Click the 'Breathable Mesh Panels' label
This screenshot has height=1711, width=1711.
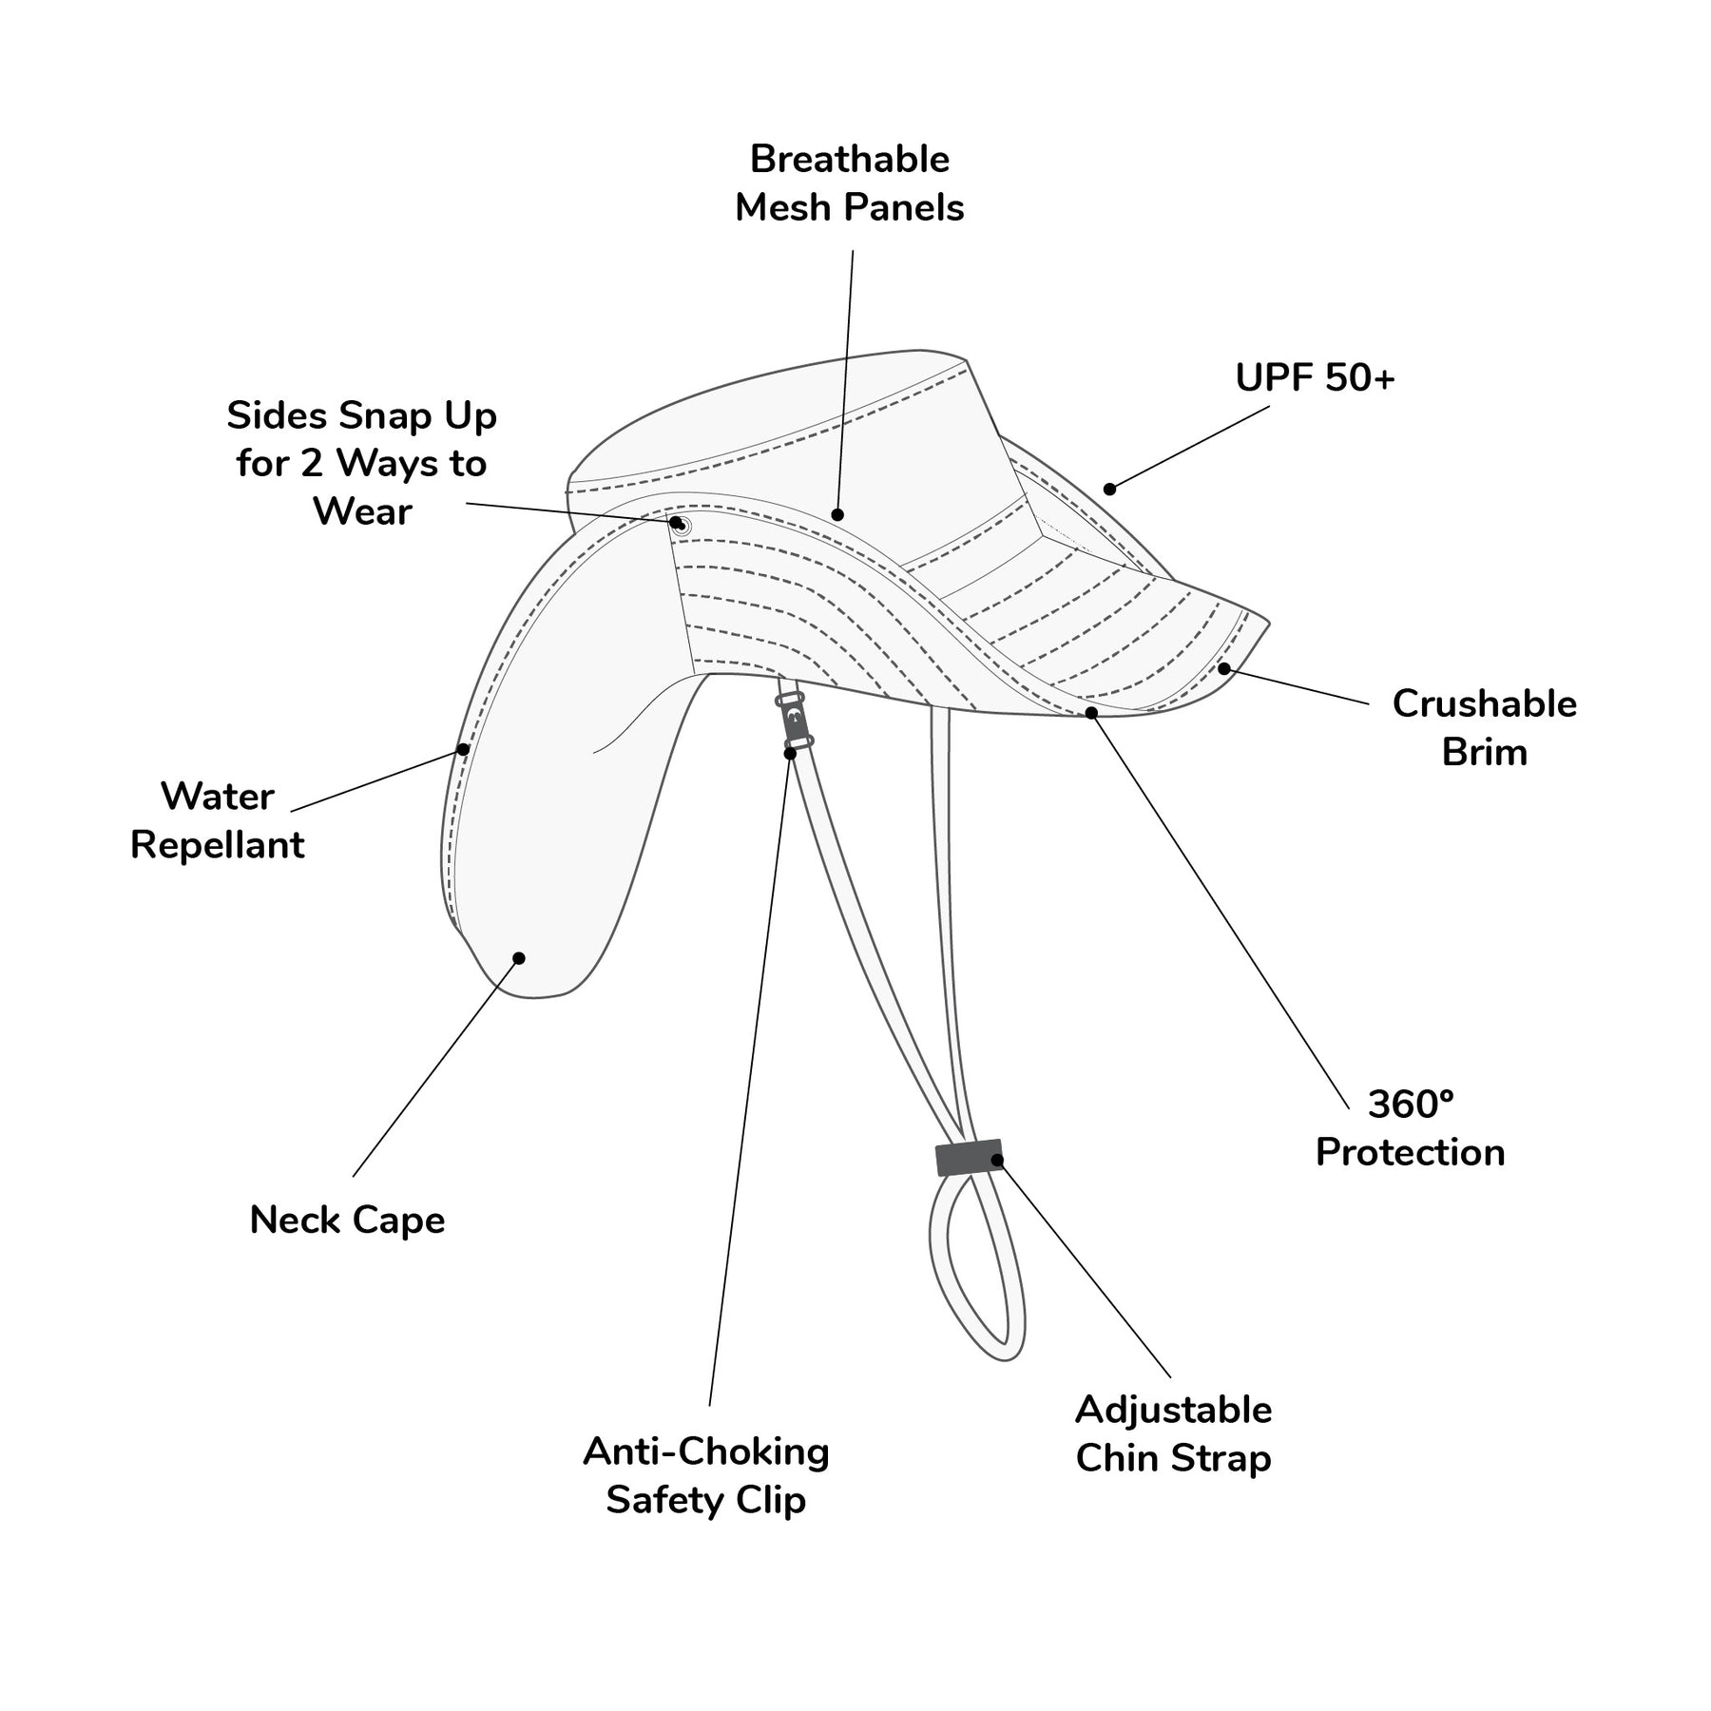click(850, 183)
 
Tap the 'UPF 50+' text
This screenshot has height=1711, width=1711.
click(1315, 378)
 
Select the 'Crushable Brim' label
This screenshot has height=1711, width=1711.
click(1484, 728)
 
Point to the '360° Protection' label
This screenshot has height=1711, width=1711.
click(1410, 1128)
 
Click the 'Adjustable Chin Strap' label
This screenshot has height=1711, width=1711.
click(1173, 1434)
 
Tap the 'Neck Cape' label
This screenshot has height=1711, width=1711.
click(347, 1221)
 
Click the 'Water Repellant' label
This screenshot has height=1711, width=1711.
click(218, 820)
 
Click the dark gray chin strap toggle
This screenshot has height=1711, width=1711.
click(969, 1157)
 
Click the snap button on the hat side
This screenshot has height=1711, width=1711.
click(681, 526)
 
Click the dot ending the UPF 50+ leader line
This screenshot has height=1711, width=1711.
click(1109, 490)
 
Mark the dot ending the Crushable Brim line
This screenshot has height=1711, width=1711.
click(1224, 669)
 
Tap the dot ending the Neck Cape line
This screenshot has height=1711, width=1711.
click(519, 958)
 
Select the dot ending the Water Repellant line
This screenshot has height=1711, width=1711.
click(463, 749)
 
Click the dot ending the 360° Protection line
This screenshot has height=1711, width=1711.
click(1091, 713)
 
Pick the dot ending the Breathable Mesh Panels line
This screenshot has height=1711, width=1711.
click(837, 515)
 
